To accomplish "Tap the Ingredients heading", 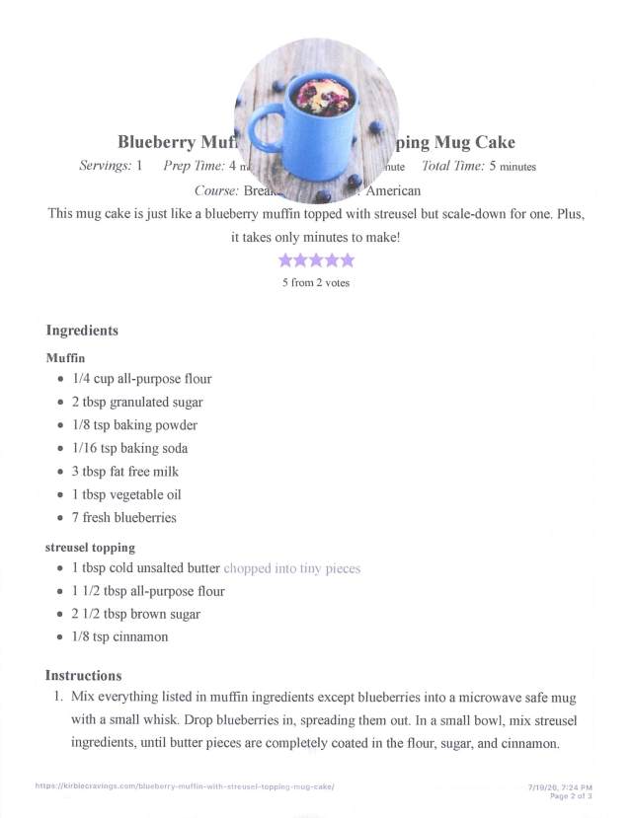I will click(x=82, y=331).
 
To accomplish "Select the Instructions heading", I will click(x=83, y=676).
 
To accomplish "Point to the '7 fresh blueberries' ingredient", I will click(x=123, y=517).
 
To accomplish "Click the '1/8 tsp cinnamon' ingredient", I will click(x=119, y=636).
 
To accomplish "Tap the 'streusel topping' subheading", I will click(x=90, y=547).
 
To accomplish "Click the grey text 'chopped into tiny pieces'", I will click(x=292, y=568).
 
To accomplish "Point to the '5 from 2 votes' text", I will click(x=316, y=283).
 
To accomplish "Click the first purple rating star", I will click(x=286, y=260).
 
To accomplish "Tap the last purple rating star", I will click(x=346, y=260).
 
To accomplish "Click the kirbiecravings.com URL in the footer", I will click(x=185, y=786).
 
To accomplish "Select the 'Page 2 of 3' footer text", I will click(x=570, y=794).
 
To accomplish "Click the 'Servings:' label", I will click(x=105, y=166).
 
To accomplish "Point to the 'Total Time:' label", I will click(x=452, y=166).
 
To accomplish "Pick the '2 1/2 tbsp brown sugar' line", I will click(x=135, y=614).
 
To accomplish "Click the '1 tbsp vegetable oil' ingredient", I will click(x=126, y=494).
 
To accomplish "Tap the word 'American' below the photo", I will click(x=393, y=190).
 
